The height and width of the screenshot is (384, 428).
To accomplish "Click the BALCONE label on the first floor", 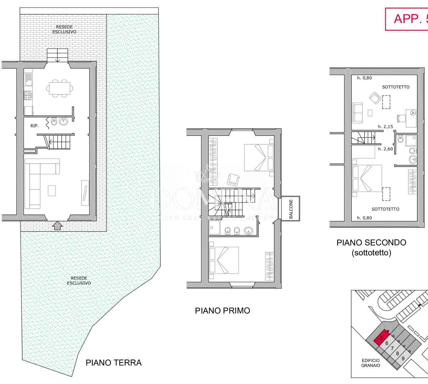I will click(291, 209).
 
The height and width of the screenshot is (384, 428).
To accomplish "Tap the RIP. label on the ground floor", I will click(35, 125).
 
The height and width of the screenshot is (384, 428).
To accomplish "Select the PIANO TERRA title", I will click(114, 363).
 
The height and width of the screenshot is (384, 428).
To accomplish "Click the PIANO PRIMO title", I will click(222, 311).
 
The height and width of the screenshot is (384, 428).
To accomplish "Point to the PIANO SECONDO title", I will click(371, 243).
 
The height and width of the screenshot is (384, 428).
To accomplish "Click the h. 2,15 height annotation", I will click(385, 127).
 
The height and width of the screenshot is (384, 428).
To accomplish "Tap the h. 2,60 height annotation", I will click(385, 149).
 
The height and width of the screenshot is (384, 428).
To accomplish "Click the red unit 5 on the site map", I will click(381, 338).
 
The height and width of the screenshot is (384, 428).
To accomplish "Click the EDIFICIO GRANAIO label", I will click(371, 363).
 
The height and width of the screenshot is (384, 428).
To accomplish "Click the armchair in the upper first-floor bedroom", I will click(233, 179).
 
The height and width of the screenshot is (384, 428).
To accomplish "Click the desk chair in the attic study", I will click(401, 118).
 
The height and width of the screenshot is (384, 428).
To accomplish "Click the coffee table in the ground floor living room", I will click(52, 190).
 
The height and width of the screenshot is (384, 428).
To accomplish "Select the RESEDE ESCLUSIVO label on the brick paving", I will click(64, 29).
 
